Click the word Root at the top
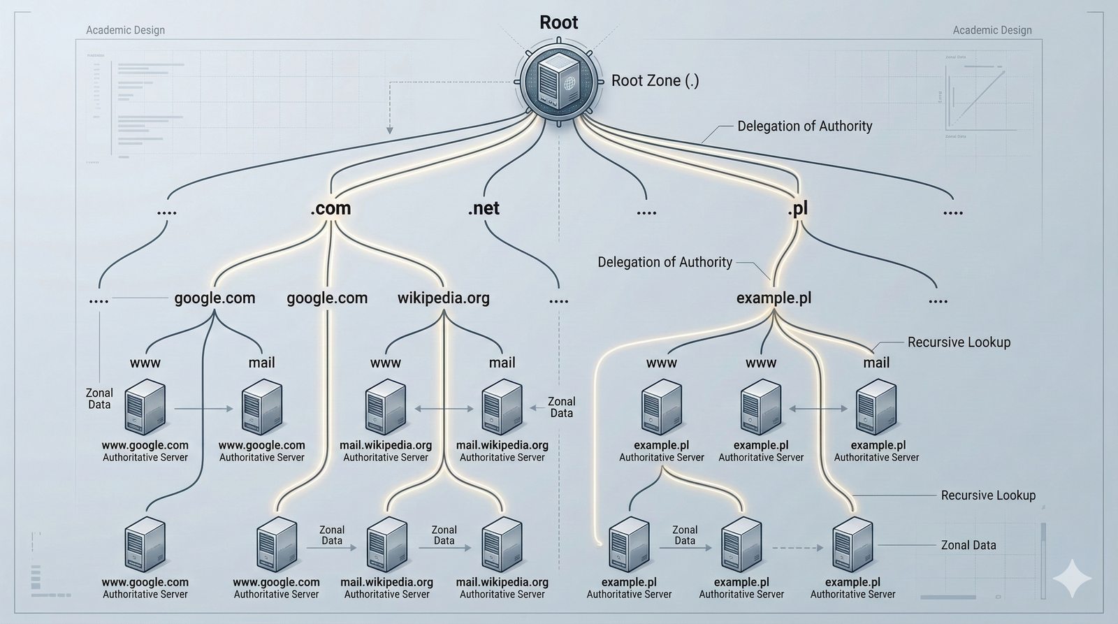click(559, 22)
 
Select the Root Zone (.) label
click(655, 80)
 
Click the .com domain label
click(331, 208)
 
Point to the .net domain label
click(484, 208)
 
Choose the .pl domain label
click(797, 208)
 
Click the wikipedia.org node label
click(443, 298)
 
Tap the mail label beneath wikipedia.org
click(502, 363)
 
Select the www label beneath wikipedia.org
click(386, 363)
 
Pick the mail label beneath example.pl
click(876, 363)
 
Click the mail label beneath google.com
click(261, 363)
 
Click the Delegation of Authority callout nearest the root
click(805, 126)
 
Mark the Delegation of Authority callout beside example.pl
click(665, 262)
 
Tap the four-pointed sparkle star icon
click(1072, 578)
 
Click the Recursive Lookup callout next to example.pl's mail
click(959, 342)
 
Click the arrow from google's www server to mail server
click(203, 407)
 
